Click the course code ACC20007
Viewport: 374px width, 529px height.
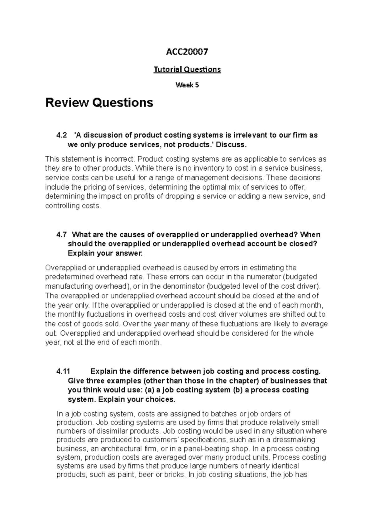(187, 52)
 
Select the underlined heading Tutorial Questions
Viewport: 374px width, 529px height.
(187, 69)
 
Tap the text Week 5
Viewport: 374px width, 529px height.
(187, 85)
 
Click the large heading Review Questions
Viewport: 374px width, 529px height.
(99, 102)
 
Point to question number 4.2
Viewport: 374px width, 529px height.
(61, 136)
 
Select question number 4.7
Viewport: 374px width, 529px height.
(61, 235)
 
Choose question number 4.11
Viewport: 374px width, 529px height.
(63, 372)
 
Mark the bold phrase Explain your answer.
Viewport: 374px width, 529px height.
(105, 253)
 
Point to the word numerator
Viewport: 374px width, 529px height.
(265, 277)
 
